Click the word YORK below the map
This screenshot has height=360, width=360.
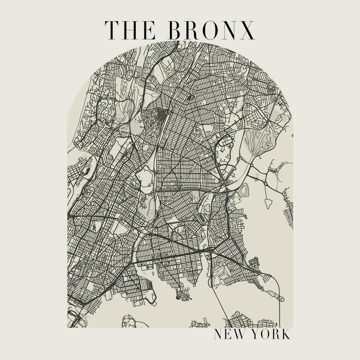(x=270, y=334)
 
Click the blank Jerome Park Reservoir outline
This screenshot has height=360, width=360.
(x=145, y=177)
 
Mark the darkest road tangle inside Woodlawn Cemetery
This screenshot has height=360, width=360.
(x=161, y=115)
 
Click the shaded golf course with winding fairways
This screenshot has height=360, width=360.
(x=259, y=140)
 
